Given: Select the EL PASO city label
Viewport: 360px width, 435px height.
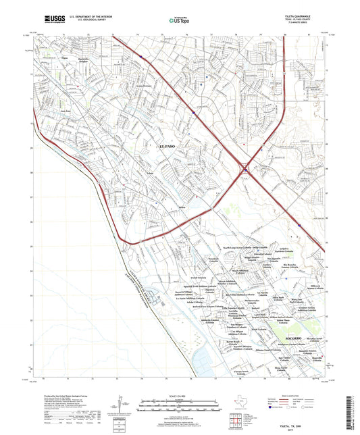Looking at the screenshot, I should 170,147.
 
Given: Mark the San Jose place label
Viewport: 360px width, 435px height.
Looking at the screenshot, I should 66,111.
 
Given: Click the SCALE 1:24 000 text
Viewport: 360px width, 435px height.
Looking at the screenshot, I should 179,394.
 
